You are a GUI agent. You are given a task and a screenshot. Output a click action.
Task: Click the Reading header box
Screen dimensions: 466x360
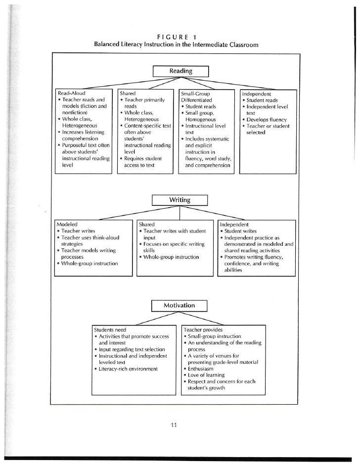tap(180, 71)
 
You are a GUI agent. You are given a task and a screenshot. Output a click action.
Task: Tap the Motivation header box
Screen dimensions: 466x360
tap(180, 305)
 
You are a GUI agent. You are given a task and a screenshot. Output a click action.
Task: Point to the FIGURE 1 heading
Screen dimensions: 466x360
tap(180, 36)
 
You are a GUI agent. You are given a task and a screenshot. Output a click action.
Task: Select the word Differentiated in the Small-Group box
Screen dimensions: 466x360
tap(196, 100)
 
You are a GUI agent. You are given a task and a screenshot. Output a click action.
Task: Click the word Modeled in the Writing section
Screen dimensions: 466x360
tap(68, 224)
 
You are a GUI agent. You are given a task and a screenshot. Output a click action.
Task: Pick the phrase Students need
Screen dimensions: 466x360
tap(110, 329)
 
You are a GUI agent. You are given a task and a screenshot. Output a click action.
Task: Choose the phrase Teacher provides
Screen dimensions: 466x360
tap(203, 329)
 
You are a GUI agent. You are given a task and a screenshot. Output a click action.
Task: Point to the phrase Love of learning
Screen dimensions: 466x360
tap(206, 375)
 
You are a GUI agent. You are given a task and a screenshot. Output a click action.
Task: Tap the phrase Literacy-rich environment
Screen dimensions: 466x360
tap(128, 369)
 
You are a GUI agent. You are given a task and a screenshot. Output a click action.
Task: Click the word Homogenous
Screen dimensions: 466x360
tap(200, 119)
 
